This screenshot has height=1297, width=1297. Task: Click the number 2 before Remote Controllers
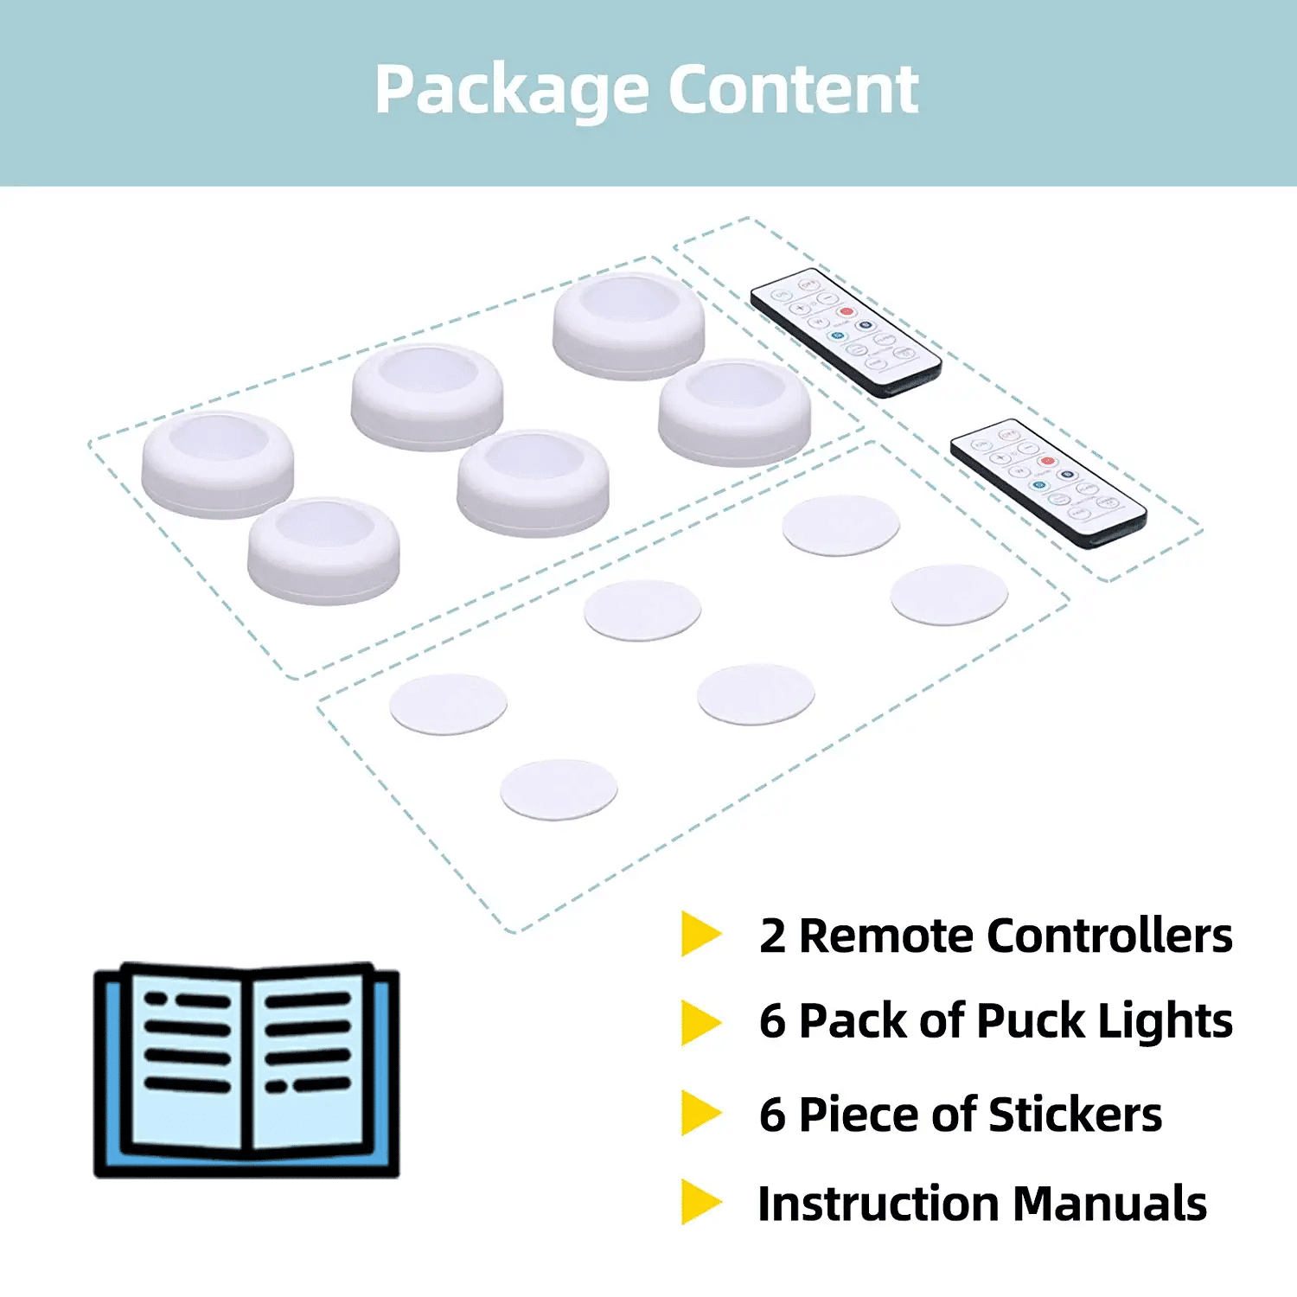(x=772, y=936)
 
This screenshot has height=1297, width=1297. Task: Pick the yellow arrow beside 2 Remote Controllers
(x=700, y=934)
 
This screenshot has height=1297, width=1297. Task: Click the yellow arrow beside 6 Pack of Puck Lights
(x=700, y=1022)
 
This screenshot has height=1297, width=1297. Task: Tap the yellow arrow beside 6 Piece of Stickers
(x=700, y=1113)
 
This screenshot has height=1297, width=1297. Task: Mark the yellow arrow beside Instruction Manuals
(x=700, y=1202)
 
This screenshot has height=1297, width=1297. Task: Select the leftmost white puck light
(x=218, y=464)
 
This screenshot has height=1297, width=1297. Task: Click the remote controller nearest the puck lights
(x=845, y=333)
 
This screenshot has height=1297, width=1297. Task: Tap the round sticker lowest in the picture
(x=559, y=789)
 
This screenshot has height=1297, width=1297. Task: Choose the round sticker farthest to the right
(x=949, y=595)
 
